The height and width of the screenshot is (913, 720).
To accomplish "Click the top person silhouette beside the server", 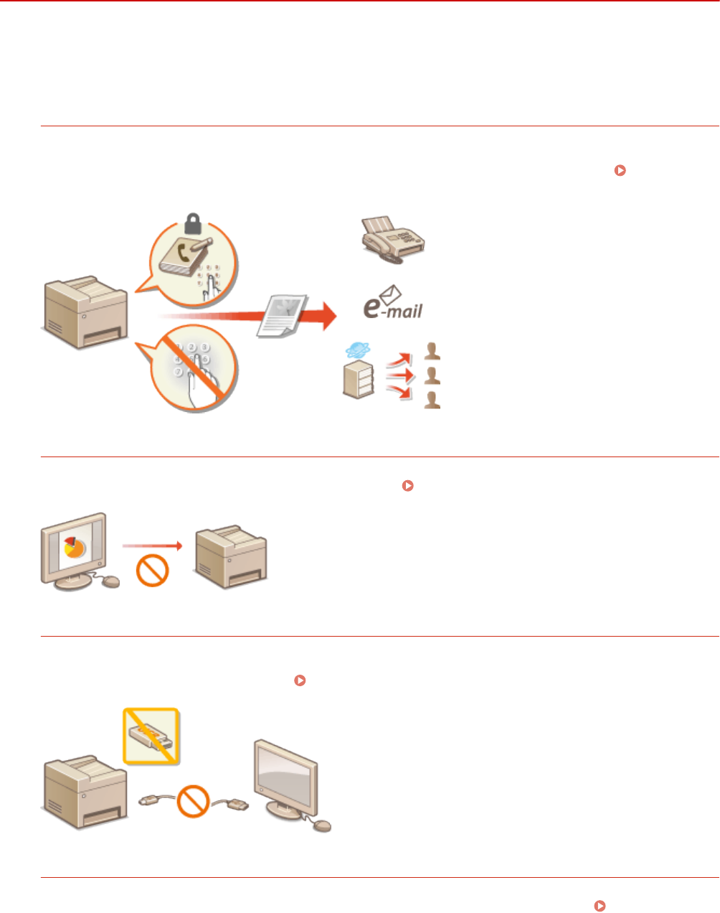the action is tap(432, 351).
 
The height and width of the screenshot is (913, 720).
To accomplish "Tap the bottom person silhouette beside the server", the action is tap(432, 400).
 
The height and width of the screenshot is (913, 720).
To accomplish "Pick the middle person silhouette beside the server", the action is tap(432, 375).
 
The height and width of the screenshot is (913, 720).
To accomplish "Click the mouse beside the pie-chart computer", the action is tap(110, 581).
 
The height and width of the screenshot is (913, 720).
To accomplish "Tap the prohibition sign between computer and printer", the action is tap(152, 571).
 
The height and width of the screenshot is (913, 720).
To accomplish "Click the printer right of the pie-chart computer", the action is tap(231, 556).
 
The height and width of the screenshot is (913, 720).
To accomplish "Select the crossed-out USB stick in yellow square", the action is tap(151, 736).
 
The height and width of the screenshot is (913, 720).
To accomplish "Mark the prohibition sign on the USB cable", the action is tap(194, 800).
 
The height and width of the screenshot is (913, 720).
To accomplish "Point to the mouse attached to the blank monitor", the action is tap(323, 826).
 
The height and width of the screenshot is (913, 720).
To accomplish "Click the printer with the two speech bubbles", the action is tap(86, 312).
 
